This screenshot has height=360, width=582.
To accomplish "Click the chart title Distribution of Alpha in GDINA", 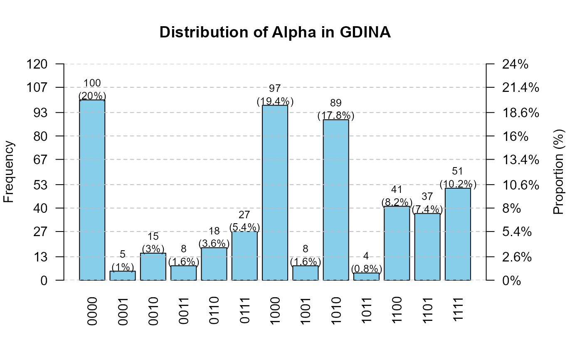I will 275,33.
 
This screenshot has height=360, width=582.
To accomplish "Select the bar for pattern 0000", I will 92,190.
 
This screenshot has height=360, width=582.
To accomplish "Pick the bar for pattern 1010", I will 336,200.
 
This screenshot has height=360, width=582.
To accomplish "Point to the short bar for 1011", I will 366,276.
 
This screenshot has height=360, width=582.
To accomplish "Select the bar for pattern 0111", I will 244,256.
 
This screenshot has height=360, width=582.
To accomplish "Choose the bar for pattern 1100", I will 397,243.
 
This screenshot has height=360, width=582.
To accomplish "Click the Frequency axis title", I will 9,172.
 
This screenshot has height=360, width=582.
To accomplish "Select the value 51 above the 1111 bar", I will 458,171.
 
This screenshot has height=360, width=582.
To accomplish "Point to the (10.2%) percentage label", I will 458,184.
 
